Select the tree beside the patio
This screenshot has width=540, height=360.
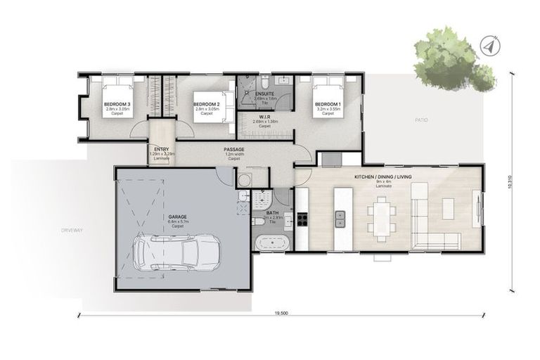coord(450,60)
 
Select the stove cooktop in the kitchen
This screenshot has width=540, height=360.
coord(303,218)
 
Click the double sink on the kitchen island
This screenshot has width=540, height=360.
coord(341,215)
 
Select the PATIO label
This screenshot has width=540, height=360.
coord(421,120)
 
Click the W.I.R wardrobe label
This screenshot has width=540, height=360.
coord(265,117)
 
